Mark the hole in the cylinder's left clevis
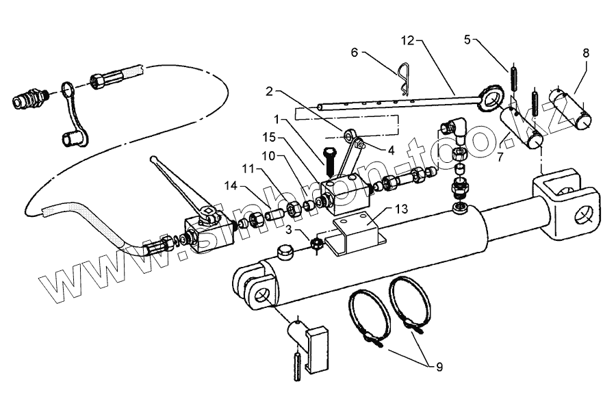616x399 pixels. pyautogui.click(x=263, y=295)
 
